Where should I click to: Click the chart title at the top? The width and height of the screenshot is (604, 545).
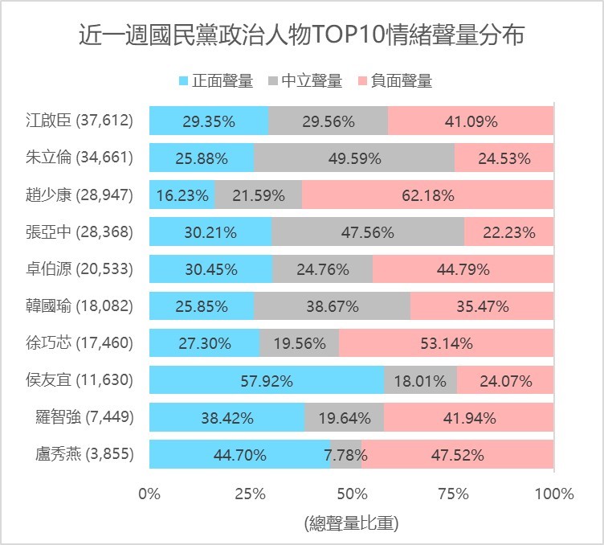(x=302, y=36)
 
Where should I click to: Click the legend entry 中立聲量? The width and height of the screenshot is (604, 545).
(x=304, y=81)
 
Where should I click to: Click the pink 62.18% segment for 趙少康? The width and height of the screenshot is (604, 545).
(x=427, y=195)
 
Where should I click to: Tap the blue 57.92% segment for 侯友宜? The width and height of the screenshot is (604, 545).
(x=267, y=380)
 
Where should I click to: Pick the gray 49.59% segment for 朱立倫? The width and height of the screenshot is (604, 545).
(x=354, y=158)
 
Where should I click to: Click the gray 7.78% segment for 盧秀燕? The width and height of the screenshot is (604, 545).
(x=346, y=454)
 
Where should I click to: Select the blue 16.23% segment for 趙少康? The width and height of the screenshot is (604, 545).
(x=182, y=195)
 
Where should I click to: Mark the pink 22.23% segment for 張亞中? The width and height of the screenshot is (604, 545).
(x=508, y=232)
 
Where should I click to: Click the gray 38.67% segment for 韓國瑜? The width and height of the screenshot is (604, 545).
(x=332, y=306)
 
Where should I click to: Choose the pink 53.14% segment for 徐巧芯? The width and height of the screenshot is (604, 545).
(x=446, y=343)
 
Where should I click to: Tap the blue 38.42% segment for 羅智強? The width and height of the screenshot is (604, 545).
(x=226, y=417)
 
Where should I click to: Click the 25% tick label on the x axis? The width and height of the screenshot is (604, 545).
(x=251, y=494)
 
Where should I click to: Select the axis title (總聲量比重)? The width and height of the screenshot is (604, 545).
(x=352, y=523)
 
